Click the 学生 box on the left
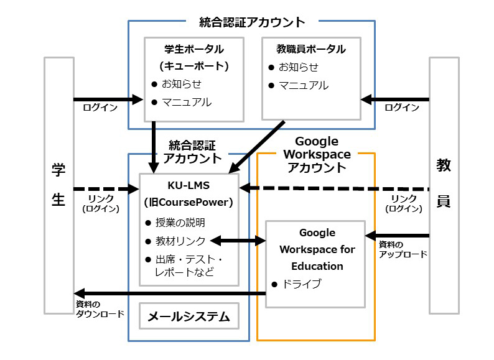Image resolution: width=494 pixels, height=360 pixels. [59, 185]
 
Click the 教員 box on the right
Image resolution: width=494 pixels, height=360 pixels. [444, 185]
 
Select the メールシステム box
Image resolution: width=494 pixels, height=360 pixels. [189, 318]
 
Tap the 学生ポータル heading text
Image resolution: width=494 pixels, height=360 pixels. [193, 49]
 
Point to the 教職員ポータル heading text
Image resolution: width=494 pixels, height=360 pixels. [311, 49]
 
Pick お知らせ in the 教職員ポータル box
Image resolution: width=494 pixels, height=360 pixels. [298, 67]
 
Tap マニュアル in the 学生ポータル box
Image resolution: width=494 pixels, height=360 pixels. [186, 102]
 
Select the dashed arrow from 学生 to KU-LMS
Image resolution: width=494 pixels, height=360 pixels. [106, 188]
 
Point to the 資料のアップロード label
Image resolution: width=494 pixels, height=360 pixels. [403, 249]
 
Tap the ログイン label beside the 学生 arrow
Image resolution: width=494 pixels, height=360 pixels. [100, 108]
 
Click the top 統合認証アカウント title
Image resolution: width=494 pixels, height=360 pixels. [252, 22]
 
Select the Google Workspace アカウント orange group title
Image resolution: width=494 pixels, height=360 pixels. [317, 154]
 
